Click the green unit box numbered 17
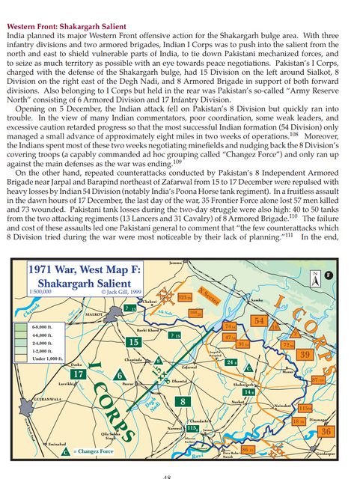tap(77, 373)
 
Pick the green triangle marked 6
tap(119, 374)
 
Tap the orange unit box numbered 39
tap(305, 354)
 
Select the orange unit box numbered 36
tap(325, 431)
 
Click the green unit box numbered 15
tap(135, 341)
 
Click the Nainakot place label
tap(282, 405)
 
